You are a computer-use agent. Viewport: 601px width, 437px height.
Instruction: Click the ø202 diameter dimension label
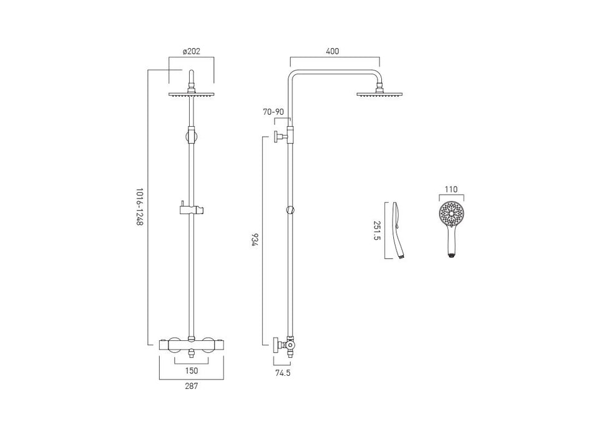point(191,51)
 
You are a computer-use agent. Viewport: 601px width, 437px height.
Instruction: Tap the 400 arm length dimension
point(332,51)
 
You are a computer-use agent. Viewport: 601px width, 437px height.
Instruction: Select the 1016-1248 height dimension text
point(140,207)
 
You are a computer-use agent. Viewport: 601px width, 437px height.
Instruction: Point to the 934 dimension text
point(255,240)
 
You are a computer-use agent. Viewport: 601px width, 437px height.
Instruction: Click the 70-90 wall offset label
point(273,112)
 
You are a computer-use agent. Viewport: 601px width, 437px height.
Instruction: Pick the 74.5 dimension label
point(283,373)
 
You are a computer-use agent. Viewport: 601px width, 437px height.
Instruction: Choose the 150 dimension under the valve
point(191,371)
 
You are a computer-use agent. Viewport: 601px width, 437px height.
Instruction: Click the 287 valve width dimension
point(191,386)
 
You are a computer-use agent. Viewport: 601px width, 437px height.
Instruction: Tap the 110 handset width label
point(451,189)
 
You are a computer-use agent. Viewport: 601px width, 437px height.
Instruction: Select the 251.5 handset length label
point(377,230)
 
